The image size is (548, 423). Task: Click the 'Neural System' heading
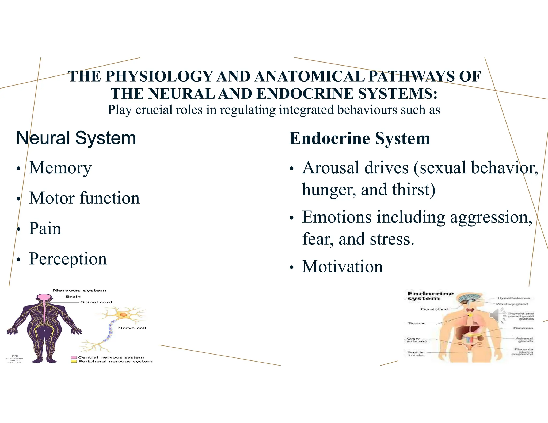(76, 138)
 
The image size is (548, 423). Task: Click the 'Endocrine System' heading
(359, 139)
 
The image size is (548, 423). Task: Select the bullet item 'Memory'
(60, 168)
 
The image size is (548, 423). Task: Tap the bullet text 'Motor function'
(84, 198)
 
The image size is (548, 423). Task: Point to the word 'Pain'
(45, 229)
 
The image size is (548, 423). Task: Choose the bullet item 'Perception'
(68, 259)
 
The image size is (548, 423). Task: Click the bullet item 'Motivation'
(342, 267)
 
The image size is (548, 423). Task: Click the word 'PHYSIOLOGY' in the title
(159, 76)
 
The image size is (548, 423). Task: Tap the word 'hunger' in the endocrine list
(329, 190)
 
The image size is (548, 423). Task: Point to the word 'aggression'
(491, 217)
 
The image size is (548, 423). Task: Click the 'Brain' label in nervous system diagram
(73, 297)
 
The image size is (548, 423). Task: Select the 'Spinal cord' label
(96, 302)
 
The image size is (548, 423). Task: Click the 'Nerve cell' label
(132, 328)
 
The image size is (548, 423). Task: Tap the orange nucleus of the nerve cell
(123, 315)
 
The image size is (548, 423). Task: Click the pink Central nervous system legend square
(74, 357)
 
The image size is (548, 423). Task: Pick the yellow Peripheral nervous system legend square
(74, 362)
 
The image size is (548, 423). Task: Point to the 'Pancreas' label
(523, 328)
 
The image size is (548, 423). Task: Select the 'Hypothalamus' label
(513, 298)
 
